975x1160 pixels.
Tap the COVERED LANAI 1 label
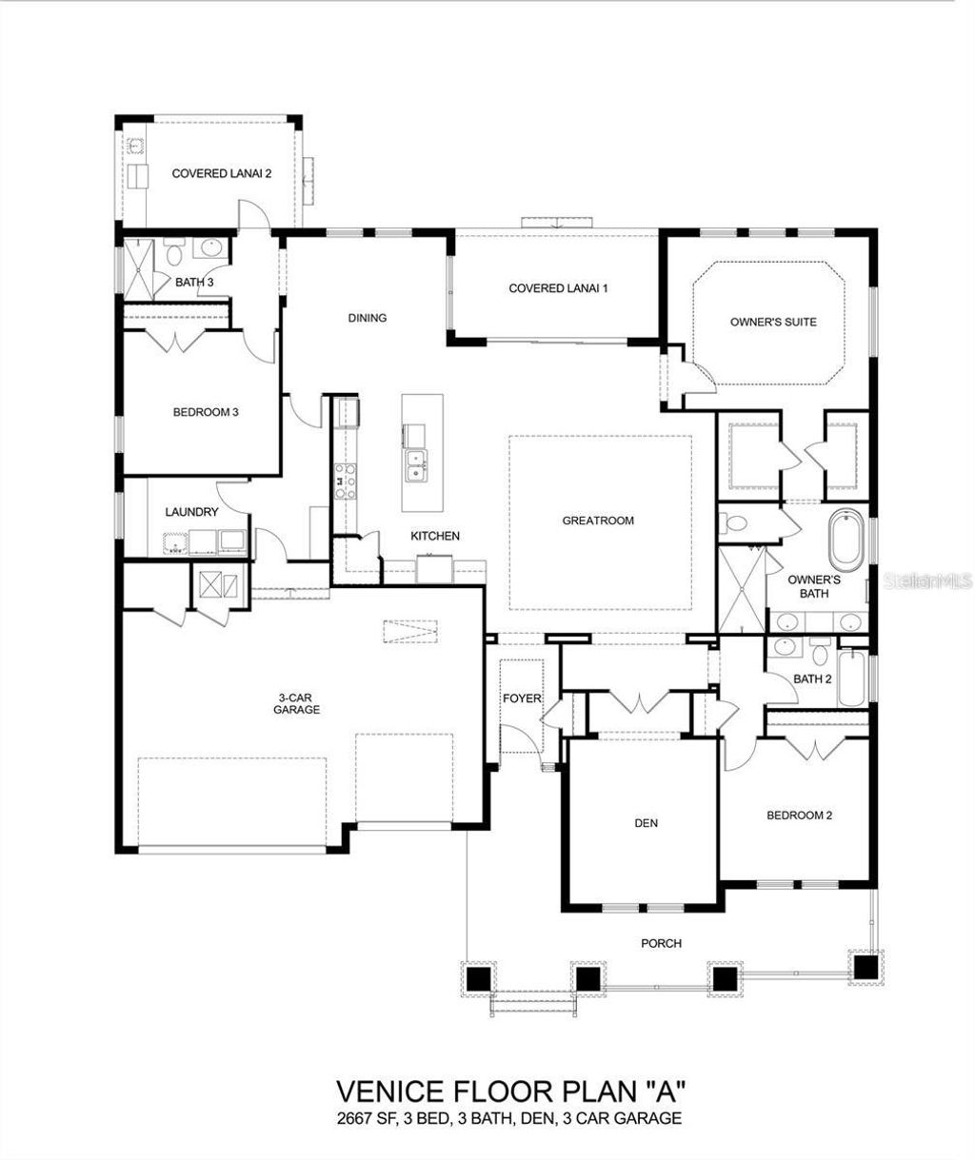point(558,287)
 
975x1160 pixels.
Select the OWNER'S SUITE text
point(773,322)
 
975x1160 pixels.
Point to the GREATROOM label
point(598,521)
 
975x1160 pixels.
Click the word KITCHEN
point(435,537)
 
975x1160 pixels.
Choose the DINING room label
point(368,318)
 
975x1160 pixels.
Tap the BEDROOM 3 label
point(205,412)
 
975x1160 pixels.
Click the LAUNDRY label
point(191,512)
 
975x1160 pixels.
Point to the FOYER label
point(522,698)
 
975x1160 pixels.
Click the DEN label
point(647,823)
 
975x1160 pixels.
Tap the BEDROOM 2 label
point(800,816)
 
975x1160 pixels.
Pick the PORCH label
point(662,943)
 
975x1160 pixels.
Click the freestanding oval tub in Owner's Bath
point(845,540)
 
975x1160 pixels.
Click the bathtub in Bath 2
point(851,679)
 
